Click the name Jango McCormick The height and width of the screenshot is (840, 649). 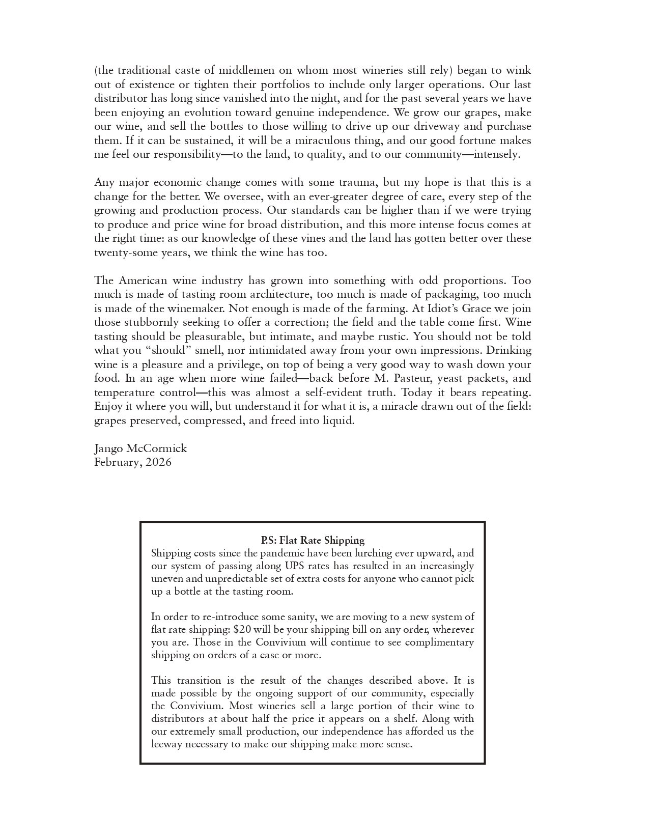[x=140, y=449]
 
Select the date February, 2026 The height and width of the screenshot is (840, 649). [x=133, y=462]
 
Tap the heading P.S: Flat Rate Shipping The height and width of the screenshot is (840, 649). [x=313, y=540]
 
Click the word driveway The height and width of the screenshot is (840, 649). [x=408, y=126]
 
